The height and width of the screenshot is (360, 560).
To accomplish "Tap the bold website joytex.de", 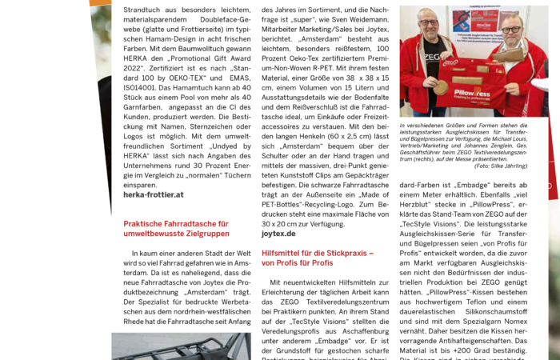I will [278, 234].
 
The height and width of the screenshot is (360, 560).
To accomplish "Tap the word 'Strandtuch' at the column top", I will [145, 7].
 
